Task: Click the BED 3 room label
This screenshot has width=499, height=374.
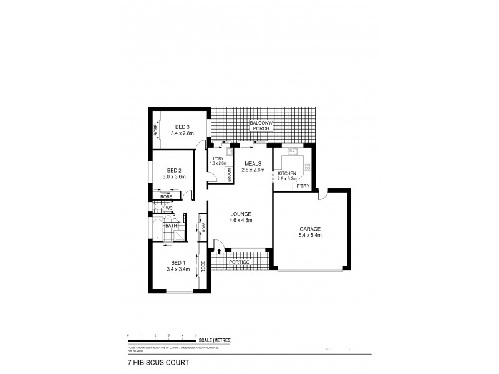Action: click(183, 127)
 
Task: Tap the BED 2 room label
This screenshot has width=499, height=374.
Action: click(175, 170)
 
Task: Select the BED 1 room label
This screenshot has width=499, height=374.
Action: click(178, 262)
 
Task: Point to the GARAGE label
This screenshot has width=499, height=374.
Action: click(309, 229)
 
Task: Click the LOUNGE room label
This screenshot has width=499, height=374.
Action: click(240, 214)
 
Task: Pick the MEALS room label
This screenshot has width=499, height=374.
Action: click(254, 163)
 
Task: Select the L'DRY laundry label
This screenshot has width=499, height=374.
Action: click(218, 158)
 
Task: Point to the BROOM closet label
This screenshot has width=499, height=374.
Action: click(229, 175)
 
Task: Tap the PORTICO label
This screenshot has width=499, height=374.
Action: click(240, 262)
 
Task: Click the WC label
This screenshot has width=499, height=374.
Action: click(169, 208)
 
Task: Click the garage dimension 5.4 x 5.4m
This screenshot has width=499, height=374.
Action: click(309, 236)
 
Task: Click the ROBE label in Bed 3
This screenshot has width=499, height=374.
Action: click(156, 130)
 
